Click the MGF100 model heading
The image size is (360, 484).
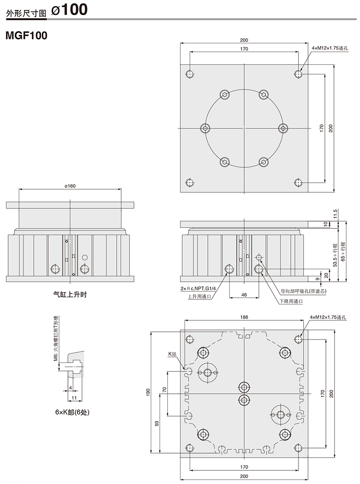point(26,36)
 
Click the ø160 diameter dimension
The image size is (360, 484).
point(70,186)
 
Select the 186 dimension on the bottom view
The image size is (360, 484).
point(244,317)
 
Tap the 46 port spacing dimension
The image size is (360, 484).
point(244,295)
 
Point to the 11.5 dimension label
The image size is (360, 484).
point(335,214)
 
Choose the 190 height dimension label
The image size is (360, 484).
point(148,393)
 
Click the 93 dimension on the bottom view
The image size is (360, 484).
point(157,423)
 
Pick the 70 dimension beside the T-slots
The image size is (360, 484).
point(164,390)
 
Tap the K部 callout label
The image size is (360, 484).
point(172,354)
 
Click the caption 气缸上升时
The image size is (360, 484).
point(70,294)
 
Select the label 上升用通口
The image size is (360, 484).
point(200,297)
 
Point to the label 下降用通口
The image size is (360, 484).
point(291,301)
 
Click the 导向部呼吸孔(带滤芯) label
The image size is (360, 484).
point(303,291)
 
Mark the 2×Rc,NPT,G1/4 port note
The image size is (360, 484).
point(198,288)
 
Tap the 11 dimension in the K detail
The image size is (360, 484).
point(74,398)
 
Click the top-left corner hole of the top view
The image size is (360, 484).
point(190,74)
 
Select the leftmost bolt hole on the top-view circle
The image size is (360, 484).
point(205,128)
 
